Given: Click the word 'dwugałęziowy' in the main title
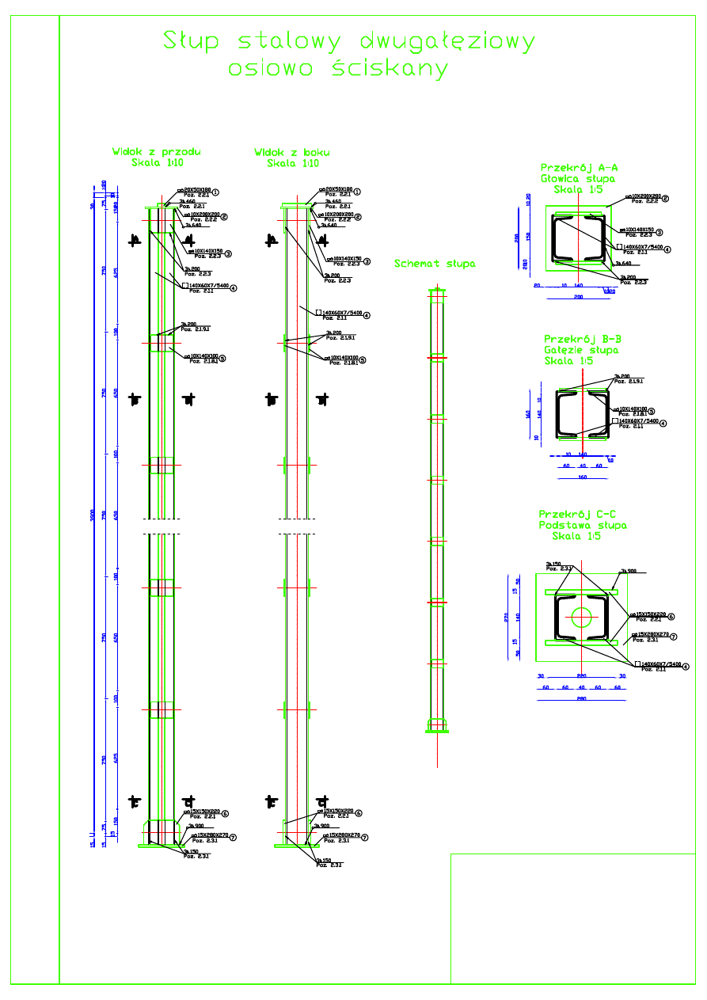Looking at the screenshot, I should (447, 41).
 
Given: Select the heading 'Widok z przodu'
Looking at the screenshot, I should (157, 152).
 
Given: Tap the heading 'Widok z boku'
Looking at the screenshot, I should (292, 152).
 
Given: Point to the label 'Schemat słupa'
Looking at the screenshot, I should (435, 264).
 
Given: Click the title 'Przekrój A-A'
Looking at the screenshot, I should (579, 168).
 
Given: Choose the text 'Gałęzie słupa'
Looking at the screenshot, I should (581, 350).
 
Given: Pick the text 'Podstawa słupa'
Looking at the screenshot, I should (583, 525).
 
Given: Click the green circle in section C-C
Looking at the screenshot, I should (582, 616).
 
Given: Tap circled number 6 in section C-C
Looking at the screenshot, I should (671, 616).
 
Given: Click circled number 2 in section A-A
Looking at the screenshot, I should (666, 199).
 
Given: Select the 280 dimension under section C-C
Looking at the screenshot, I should (580, 699).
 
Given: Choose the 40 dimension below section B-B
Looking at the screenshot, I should (582, 466).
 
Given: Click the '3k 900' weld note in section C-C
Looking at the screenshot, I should (628, 571).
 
